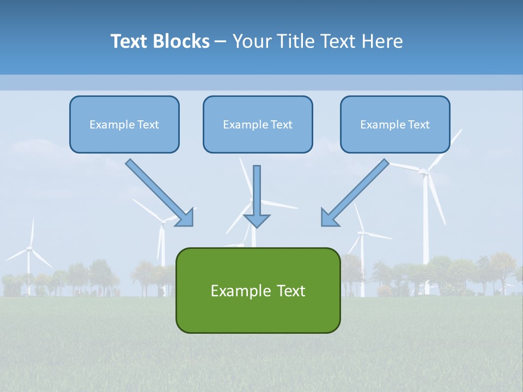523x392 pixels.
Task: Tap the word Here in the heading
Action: (x=383, y=41)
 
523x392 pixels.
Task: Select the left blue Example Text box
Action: (x=124, y=124)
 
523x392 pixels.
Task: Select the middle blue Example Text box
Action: (x=258, y=124)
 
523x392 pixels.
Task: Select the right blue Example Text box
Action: (x=395, y=124)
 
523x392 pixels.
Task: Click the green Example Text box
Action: (x=258, y=290)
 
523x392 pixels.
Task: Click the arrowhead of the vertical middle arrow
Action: (x=257, y=220)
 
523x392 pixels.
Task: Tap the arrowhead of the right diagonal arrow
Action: (x=329, y=218)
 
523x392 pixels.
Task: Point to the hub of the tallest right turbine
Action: (x=423, y=172)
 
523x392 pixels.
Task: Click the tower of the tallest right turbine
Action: (x=426, y=234)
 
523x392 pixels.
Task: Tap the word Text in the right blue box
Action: (x=419, y=124)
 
